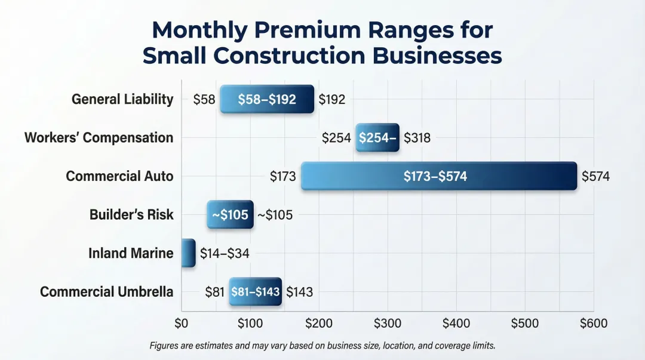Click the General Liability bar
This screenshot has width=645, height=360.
tap(266, 99)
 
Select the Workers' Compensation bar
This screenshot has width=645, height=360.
tap(377, 138)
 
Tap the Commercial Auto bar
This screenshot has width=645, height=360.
tap(439, 176)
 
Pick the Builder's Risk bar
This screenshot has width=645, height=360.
tap(230, 215)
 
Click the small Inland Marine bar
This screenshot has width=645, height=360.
tap(188, 253)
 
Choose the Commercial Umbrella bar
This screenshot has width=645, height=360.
tap(255, 292)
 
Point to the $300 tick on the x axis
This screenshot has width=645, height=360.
tap(388, 324)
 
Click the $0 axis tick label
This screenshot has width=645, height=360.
tap(182, 324)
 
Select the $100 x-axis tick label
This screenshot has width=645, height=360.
tap(250, 324)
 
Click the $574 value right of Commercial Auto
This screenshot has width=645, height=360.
tap(595, 177)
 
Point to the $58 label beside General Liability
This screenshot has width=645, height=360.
tap(204, 100)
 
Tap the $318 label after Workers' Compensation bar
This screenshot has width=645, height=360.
tap(417, 138)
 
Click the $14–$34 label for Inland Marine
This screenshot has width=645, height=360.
tap(225, 254)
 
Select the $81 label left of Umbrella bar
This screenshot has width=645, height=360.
tap(214, 292)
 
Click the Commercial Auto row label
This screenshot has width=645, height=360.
tap(119, 177)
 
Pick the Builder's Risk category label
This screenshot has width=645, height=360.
tap(131, 215)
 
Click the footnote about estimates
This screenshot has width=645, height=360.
tap(322, 346)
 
